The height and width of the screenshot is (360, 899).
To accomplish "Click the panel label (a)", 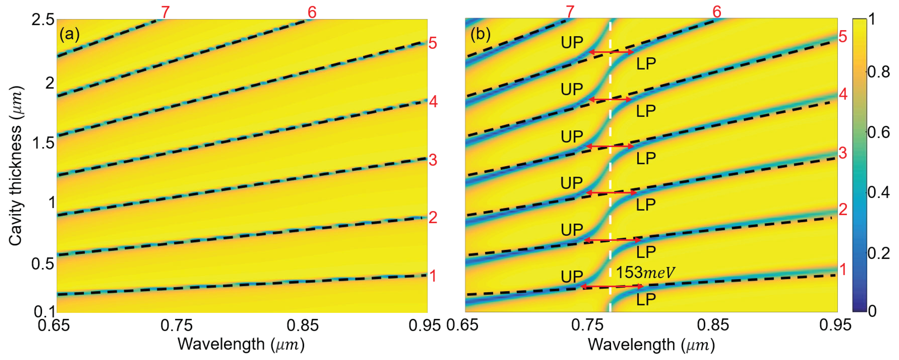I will [70, 34].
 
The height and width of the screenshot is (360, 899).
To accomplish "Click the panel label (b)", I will [480, 34].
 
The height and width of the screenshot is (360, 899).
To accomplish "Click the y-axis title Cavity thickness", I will [16, 166].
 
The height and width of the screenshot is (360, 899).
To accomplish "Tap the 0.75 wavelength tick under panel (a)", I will [177, 325].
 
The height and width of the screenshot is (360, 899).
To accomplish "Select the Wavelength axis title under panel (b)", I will [651, 345].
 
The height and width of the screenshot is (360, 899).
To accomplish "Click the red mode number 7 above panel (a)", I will [165, 13].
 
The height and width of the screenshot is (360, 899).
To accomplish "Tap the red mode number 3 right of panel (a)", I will [433, 160].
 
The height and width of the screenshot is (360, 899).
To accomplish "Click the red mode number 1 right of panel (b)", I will [843, 270].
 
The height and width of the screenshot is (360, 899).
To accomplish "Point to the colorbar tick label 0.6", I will [878, 132].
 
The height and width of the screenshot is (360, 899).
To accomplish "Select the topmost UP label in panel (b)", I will [572, 43].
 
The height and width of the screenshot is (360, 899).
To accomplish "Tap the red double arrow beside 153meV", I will [612, 286].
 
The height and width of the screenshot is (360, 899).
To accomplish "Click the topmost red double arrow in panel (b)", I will [611, 52].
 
